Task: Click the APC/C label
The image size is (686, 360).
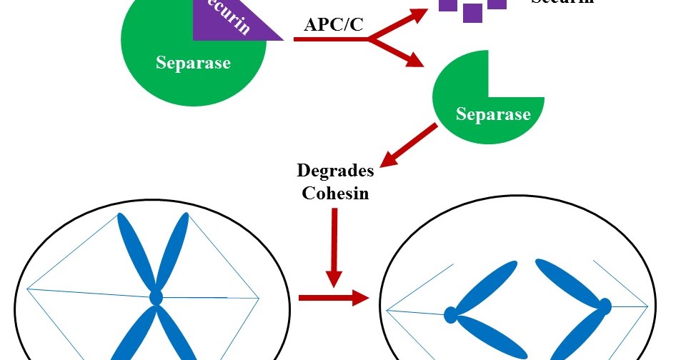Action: point(334,24)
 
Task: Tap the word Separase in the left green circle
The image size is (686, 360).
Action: point(193,63)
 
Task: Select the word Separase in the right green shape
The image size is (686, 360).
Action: point(493,114)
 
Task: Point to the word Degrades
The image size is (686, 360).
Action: point(336,171)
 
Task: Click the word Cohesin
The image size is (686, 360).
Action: point(335,193)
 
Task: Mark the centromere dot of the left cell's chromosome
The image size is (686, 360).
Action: point(156,296)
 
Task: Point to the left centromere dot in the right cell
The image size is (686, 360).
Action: point(451,313)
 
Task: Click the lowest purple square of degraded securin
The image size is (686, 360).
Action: point(472,13)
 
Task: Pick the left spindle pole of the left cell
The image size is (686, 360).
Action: point(28,289)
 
